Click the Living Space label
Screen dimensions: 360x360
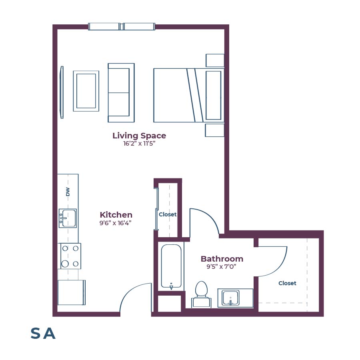139,136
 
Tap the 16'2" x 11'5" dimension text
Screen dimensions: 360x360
139,144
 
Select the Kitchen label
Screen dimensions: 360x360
116,215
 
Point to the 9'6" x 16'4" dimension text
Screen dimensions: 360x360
116,223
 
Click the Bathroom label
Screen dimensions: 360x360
222,259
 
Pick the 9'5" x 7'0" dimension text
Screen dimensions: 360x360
222,267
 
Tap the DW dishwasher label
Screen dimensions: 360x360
68,192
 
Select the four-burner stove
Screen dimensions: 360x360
70,256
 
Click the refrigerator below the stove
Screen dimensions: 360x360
71,292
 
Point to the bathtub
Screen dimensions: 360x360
171,266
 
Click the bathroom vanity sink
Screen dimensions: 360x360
231,298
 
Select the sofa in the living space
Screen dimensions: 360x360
121,93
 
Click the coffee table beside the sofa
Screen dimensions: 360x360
86,91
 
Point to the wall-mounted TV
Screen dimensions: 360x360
62,92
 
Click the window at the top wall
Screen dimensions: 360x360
121,27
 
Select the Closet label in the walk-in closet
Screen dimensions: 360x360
287,283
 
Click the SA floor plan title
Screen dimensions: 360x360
43,334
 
